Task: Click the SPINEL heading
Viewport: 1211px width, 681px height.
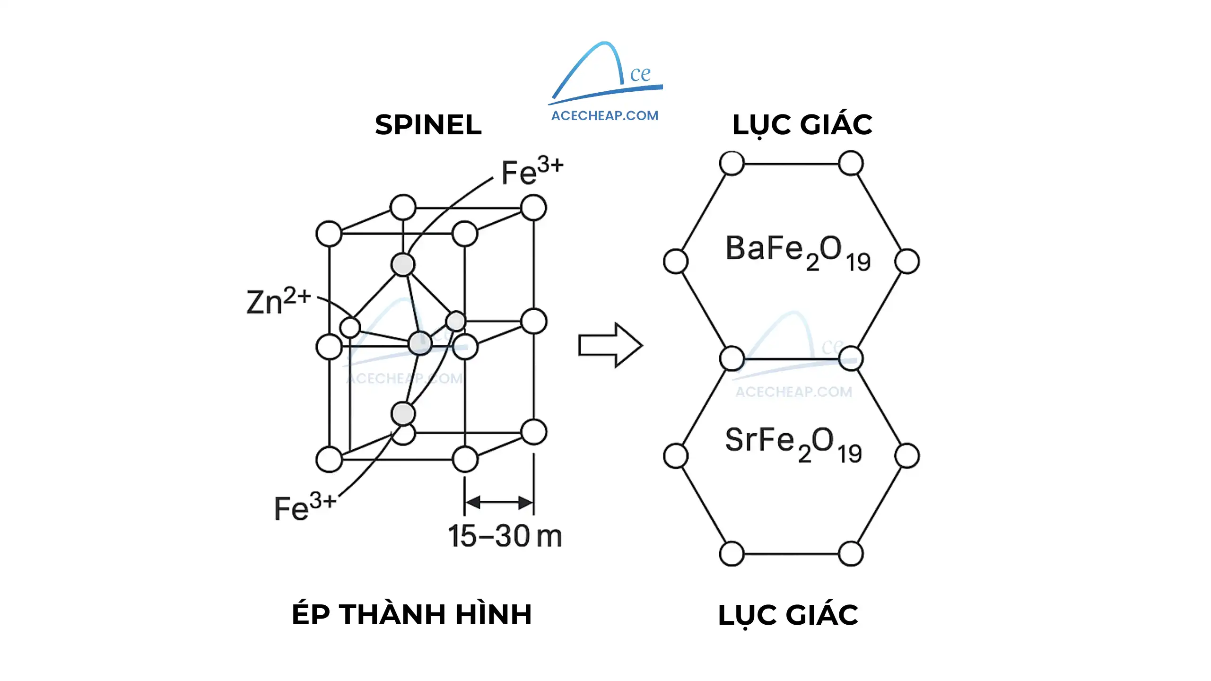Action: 428,125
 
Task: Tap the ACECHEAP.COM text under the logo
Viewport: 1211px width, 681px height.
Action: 605,116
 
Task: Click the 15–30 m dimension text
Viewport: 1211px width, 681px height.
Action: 505,537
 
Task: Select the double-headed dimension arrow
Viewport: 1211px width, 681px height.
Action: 499,502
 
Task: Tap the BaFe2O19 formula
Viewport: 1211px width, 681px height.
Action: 798,252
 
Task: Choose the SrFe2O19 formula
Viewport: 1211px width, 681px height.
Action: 793,444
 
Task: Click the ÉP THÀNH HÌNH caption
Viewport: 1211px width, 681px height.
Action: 412,614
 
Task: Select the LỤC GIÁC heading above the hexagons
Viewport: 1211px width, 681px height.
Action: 802,125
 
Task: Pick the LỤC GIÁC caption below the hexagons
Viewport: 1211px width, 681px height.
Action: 788,615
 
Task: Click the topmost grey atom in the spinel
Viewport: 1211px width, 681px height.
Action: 403,264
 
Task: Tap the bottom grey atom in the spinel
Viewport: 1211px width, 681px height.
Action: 403,414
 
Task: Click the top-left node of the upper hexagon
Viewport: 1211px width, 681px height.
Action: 732,164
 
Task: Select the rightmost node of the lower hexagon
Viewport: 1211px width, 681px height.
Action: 907,456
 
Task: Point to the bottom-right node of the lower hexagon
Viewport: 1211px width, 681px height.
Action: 851,554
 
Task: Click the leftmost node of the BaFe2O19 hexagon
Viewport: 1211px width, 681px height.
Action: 676,261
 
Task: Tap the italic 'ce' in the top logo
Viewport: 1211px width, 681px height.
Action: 640,74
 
